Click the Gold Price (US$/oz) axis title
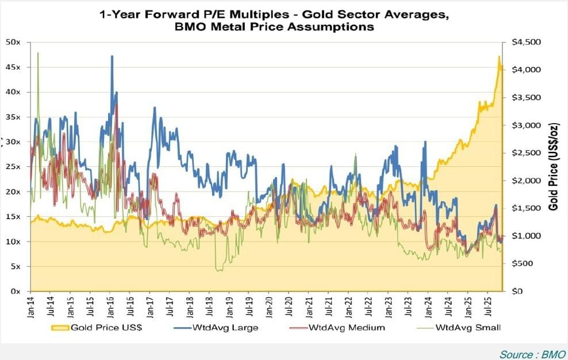(553, 167)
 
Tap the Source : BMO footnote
(532, 354)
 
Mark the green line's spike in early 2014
(38, 53)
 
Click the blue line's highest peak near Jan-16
(112, 56)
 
